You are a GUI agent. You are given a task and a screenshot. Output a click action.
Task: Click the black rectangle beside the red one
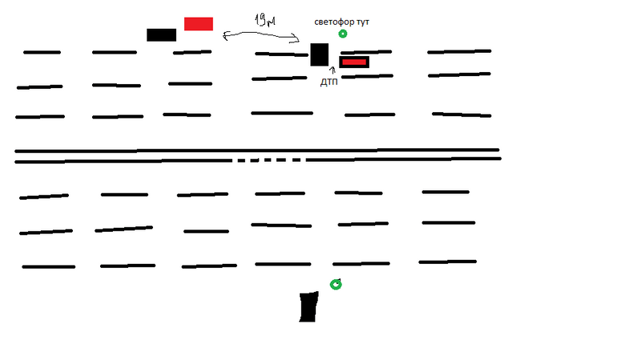pos(161,34)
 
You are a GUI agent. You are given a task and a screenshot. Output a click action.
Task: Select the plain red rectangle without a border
pos(198,23)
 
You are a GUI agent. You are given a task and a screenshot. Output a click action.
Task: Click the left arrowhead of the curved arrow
pos(228,34)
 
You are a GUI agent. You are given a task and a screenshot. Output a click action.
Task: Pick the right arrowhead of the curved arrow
pos(296,41)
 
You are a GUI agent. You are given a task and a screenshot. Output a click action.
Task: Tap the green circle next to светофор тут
pos(343,34)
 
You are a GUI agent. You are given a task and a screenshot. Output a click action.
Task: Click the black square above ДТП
pos(319,55)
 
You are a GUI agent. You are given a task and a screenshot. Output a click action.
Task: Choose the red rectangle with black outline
pos(354,62)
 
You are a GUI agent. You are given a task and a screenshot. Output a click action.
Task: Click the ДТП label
pos(329,83)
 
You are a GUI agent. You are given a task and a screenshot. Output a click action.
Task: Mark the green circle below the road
pos(336,284)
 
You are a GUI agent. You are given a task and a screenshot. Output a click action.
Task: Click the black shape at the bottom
pos(308,307)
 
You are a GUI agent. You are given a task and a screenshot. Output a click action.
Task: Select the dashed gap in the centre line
pos(268,160)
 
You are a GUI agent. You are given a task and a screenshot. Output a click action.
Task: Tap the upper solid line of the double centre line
pos(256,150)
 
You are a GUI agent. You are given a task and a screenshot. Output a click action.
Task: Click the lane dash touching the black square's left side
pos(282,55)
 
